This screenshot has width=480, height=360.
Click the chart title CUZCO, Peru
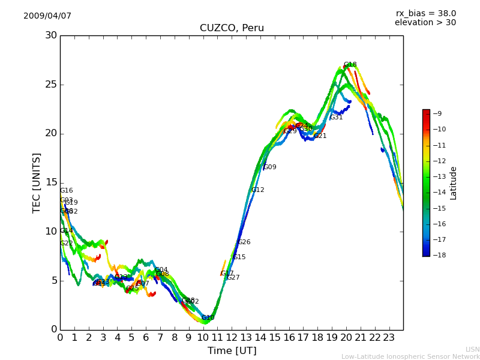tap(232, 28)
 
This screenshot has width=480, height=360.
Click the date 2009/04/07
tap(47, 16)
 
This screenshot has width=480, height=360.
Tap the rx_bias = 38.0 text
tap(425, 14)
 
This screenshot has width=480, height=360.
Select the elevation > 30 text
tap(425, 23)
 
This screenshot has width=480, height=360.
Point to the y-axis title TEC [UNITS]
tap(37, 182)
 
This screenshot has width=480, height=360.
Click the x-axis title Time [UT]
tap(232, 351)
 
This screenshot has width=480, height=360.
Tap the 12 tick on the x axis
tap(232, 338)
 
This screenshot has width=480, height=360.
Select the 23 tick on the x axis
tap(389, 338)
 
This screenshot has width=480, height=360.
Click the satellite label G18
tap(350, 65)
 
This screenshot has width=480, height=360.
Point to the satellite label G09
tap(270, 167)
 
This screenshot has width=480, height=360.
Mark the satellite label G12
tap(257, 190)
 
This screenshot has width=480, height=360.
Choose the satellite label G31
tap(337, 118)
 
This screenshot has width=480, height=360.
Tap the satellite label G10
tap(208, 318)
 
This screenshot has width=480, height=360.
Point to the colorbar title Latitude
tap(454, 182)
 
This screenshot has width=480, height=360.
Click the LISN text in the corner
tap(472, 349)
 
